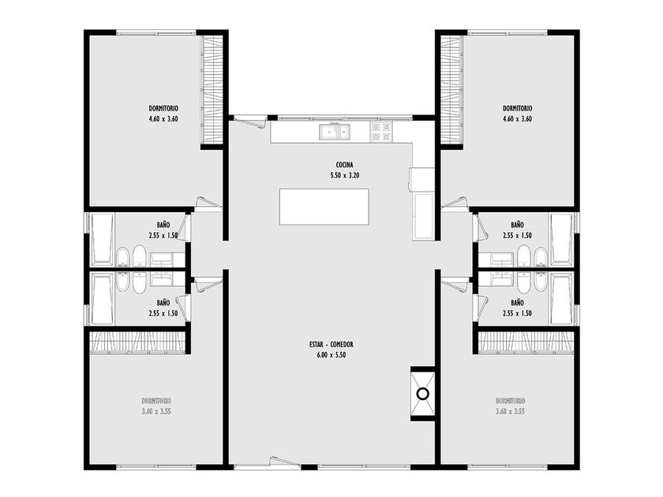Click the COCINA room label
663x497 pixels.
coord(344,165)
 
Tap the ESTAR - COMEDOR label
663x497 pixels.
coord(331,345)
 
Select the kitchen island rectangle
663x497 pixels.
coord(324,207)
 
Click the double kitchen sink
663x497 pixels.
coord(335,132)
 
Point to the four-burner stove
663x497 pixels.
coord(381,132)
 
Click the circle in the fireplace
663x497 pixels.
coord(423,394)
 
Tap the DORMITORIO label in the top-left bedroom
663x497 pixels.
coord(163,109)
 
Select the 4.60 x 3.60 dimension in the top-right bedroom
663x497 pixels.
coord(518,119)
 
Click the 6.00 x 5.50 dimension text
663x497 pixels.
coord(331,355)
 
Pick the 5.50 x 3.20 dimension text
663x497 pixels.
coord(345,175)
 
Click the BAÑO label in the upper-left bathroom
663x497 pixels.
coord(163,225)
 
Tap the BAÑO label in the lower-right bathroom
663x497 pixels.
coord(517,303)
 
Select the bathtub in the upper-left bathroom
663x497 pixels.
coord(102,239)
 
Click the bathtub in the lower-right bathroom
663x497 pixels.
coord(561,298)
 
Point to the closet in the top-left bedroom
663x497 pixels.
coord(212,90)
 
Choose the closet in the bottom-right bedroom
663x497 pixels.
coord(526,342)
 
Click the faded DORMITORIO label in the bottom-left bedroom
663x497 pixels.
coord(156,401)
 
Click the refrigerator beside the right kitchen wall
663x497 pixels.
coord(424,215)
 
